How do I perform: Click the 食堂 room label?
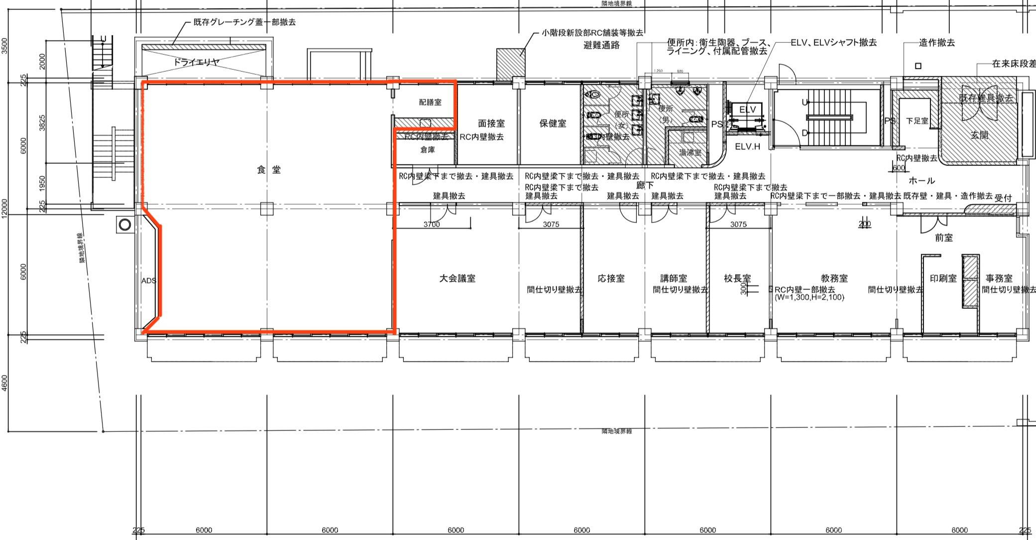click(x=269, y=170)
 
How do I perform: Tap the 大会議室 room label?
click(x=457, y=278)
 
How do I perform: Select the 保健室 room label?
click(x=553, y=123)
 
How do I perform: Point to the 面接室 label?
click(x=491, y=123)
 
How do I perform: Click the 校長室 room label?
click(x=737, y=278)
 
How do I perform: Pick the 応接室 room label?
click(x=611, y=278)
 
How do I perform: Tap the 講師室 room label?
click(x=674, y=278)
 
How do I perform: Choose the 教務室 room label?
click(x=834, y=278)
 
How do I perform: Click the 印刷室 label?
click(x=943, y=278)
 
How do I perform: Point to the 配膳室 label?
click(x=430, y=102)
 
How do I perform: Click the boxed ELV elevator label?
click(x=747, y=110)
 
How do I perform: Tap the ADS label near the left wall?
click(x=149, y=281)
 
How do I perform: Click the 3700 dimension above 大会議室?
click(x=432, y=225)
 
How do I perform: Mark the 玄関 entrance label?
click(x=979, y=135)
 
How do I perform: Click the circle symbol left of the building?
click(x=124, y=225)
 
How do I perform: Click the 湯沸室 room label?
click(x=690, y=152)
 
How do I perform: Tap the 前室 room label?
click(x=943, y=238)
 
